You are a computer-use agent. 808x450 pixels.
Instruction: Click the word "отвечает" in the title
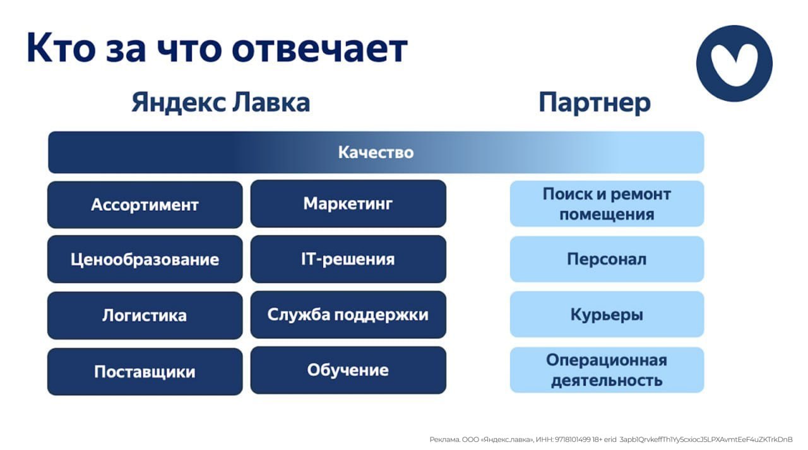coord(319,49)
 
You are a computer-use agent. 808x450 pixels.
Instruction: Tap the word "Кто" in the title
coord(61,48)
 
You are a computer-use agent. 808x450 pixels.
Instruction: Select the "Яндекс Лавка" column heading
coord(221,102)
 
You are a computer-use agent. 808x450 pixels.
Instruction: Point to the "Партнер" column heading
coord(595,103)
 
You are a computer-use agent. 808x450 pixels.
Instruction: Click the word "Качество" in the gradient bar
coord(376,152)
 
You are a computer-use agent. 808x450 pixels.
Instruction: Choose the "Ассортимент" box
coord(145,204)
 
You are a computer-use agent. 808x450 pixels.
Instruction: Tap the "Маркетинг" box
coord(348,203)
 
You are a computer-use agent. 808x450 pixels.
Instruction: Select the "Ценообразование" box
coord(145,259)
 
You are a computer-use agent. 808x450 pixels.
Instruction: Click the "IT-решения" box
coord(348,259)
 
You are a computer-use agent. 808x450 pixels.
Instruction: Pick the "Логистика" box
coord(145,315)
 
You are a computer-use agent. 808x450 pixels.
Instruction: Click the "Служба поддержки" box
coord(348,314)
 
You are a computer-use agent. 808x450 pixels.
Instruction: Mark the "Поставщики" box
coord(145,371)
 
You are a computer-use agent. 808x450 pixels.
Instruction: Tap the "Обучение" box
coord(348,370)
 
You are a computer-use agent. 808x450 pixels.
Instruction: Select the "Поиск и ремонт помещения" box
coord(607,204)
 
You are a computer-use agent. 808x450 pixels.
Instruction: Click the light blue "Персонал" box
coord(607,259)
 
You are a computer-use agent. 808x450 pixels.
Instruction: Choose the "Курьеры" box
coord(607,314)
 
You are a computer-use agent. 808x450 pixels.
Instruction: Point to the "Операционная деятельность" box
coord(607,370)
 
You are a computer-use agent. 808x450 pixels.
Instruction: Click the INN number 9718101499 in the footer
coord(573,439)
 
